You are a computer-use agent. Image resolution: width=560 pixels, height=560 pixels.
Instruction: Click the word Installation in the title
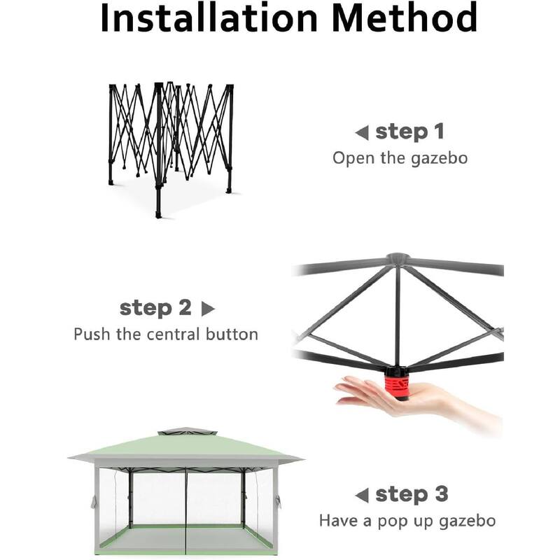(x=209, y=18)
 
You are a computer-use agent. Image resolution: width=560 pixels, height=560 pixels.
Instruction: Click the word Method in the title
(x=405, y=18)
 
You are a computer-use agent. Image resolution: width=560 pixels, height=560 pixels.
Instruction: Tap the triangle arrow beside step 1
(x=362, y=133)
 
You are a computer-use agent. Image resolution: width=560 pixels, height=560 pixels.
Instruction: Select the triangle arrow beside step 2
(x=208, y=309)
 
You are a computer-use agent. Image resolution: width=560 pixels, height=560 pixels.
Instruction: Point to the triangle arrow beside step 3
(x=362, y=496)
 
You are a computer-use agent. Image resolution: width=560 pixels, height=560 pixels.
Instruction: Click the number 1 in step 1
(x=440, y=132)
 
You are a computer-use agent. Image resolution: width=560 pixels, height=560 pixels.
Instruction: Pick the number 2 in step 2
(x=185, y=307)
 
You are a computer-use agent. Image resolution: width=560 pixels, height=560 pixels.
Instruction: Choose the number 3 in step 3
(x=442, y=494)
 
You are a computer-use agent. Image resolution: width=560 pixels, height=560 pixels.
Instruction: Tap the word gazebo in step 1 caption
(x=440, y=159)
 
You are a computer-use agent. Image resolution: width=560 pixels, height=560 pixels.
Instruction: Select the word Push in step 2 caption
(x=92, y=335)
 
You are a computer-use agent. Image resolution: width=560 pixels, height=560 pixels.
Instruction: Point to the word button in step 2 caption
(x=232, y=335)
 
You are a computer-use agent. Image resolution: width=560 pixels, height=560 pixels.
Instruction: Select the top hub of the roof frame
(x=398, y=258)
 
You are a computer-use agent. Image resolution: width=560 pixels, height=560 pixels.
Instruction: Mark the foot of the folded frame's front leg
(x=159, y=216)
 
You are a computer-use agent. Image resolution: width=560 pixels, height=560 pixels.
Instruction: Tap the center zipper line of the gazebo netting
(x=186, y=511)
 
